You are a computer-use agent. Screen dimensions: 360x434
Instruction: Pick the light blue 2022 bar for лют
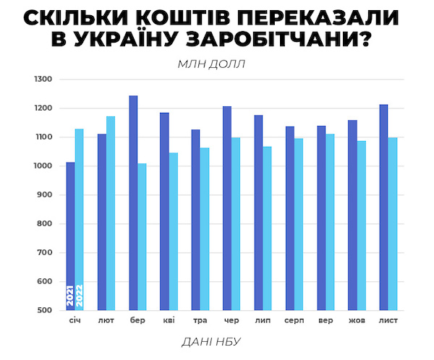click(x=111, y=213)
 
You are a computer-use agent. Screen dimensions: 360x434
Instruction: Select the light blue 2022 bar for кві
click(x=174, y=231)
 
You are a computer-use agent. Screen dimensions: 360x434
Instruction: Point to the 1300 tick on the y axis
click(x=43, y=80)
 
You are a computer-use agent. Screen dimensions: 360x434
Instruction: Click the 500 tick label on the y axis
click(x=45, y=311)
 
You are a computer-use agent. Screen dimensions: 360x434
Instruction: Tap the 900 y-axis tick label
click(x=45, y=195)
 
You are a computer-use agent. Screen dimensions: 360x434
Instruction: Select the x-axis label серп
click(x=294, y=320)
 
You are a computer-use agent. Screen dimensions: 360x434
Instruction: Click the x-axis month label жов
click(x=357, y=320)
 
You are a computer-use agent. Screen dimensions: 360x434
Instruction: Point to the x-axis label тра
click(x=200, y=320)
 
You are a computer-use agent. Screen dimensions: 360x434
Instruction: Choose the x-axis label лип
click(x=263, y=320)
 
